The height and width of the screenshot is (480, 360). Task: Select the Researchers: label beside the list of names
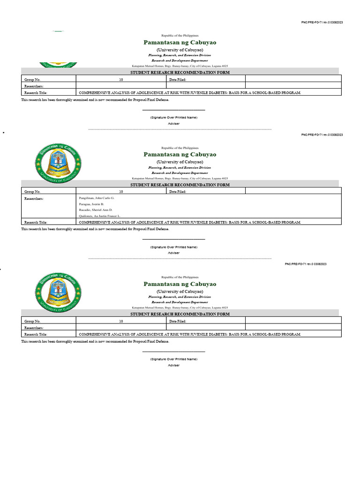pos(34,198)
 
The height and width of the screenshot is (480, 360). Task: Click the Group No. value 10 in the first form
pos(121,80)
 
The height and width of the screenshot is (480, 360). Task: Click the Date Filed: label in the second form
pos(178,192)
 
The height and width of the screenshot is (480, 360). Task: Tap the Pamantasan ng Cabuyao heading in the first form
pos(180,42)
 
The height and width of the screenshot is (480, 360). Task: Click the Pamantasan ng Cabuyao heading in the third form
pos(180,284)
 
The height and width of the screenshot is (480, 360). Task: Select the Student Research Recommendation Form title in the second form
pos(180,185)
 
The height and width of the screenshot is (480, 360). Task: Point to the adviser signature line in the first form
pos(173,110)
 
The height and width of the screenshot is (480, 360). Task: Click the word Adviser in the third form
pos(173,365)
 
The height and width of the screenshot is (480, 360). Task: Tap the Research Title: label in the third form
pos(36,334)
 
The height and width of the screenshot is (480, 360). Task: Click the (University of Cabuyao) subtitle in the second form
pos(180,161)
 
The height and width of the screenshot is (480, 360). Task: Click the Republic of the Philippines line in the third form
pos(180,277)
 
